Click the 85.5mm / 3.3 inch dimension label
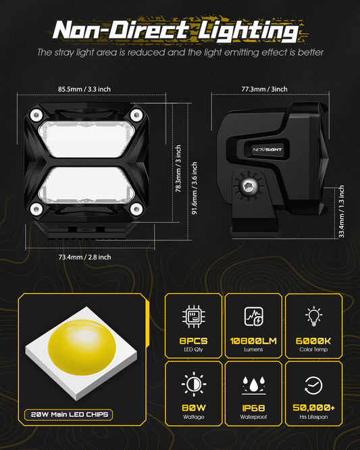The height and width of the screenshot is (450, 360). (84, 89)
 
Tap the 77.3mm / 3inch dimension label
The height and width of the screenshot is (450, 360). (264, 89)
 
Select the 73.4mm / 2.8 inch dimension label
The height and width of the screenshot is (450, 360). (84, 257)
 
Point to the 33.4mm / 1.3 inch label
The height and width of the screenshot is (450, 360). (341, 211)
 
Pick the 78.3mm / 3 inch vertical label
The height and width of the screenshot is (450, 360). (178, 168)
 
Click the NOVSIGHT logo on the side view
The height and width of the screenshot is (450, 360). (267, 149)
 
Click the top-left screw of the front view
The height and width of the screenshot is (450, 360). (36, 116)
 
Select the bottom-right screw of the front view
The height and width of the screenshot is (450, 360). (136, 209)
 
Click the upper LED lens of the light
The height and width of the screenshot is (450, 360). (86, 139)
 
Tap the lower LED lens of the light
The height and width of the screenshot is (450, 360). (86, 185)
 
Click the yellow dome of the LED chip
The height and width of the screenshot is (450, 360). (82, 347)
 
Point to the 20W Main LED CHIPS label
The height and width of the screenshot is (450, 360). (69, 415)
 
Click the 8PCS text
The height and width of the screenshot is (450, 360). (193, 341)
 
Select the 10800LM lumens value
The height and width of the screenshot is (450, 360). (253, 341)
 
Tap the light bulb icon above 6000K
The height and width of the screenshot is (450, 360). (313, 316)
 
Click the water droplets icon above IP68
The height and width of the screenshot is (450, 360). (253, 385)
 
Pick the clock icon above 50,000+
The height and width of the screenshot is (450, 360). (313, 385)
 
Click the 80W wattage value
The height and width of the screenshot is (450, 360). (194, 408)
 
